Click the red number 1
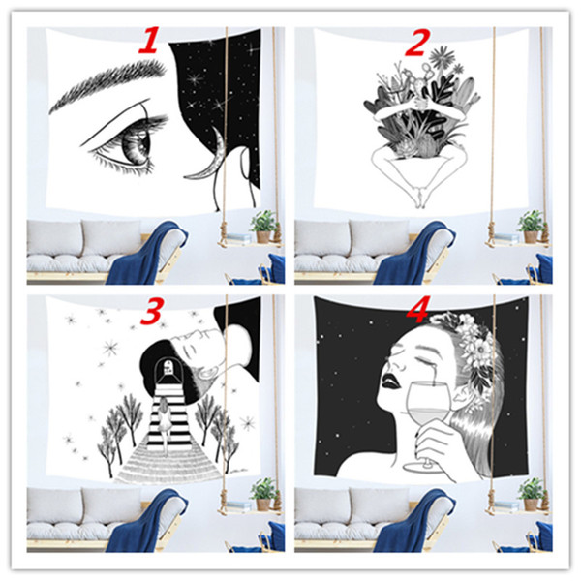(x=150, y=40)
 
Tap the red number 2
(x=416, y=43)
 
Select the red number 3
(x=152, y=310)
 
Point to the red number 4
(x=417, y=310)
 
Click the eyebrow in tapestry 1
(x=107, y=83)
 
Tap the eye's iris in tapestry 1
(x=138, y=147)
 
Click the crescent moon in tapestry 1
(x=209, y=156)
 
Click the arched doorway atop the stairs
(x=168, y=371)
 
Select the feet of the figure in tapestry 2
(x=419, y=199)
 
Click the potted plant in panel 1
(x=264, y=226)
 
